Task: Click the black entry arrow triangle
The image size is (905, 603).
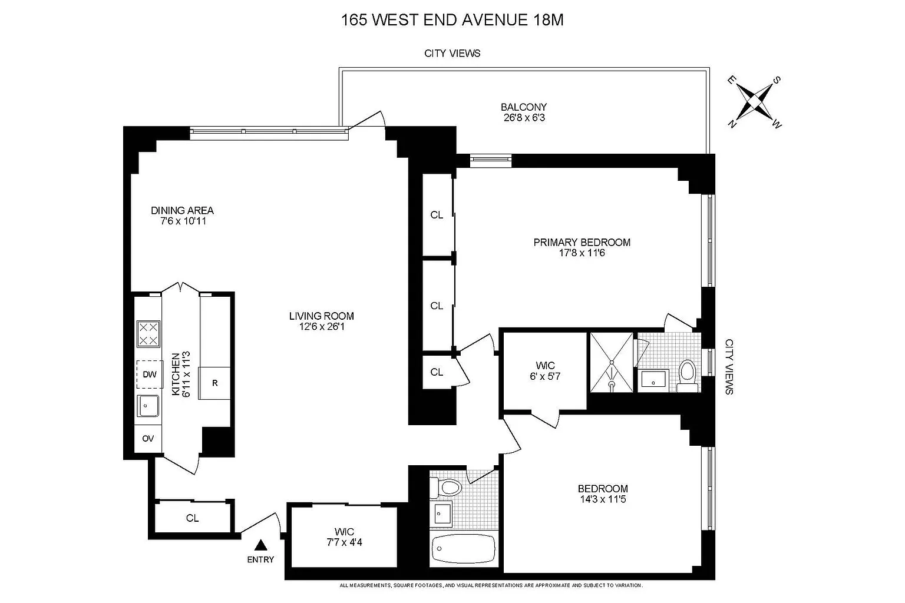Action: click(261, 545)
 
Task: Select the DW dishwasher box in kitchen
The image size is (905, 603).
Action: click(150, 375)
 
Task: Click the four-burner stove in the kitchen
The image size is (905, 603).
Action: click(148, 334)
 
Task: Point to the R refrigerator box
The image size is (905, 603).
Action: click(214, 383)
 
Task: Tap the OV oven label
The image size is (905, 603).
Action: click(148, 439)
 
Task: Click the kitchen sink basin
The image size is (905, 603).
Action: click(148, 406)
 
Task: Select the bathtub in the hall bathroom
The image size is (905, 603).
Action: click(464, 548)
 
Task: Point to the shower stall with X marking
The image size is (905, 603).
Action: click(612, 362)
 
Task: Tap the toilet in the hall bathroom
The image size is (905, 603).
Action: click(446, 488)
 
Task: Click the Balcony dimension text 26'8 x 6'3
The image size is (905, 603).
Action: click(524, 118)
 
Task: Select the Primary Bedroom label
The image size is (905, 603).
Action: click(582, 243)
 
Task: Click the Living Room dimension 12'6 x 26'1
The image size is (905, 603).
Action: click(322, 326)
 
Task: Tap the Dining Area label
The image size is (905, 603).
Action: click(182, 210)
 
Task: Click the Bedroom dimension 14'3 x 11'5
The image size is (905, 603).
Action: click(603, 499)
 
